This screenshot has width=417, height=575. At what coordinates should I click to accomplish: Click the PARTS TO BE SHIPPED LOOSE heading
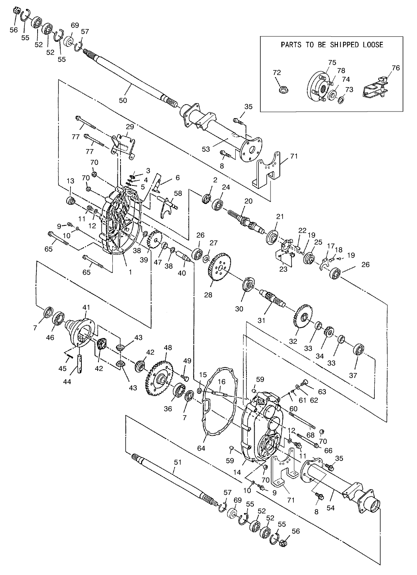332,45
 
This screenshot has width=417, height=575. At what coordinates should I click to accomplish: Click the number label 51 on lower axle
177,462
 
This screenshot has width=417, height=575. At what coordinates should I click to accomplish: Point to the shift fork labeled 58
168,205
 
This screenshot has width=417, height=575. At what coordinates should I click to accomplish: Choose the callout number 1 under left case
131,272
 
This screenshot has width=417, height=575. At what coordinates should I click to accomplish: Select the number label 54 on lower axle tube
331,508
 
